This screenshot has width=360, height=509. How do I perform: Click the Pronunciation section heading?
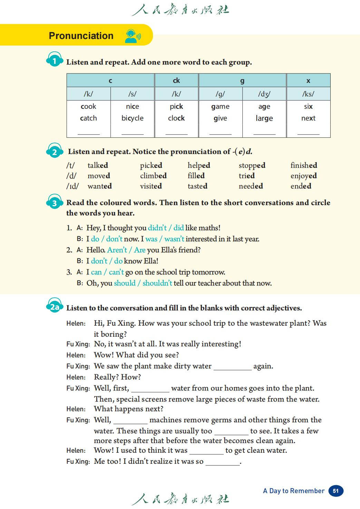[x=81, y=36]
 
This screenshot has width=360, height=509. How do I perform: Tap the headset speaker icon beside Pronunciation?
[x=132, y=36]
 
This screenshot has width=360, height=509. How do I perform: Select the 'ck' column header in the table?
[x=176, y=80]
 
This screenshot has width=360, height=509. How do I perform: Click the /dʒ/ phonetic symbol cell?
[x=264, y=94]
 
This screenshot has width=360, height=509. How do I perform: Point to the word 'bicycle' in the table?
[x=132, y=118]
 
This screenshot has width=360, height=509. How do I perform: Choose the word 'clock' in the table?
[x=176, y=118]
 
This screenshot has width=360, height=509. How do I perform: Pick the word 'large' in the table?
[x=264, y=118]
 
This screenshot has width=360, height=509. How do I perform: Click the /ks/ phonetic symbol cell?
[x=308, y=94]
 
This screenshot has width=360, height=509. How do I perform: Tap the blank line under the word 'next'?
[x=308, y=133]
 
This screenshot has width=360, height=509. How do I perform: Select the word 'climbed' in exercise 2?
[x=153, y=176]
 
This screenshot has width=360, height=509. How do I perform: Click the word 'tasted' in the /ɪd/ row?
[x=197, y=186]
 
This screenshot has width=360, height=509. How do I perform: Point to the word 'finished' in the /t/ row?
[x=304, y=165]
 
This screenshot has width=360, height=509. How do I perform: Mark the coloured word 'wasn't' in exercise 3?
[x=174, y=239]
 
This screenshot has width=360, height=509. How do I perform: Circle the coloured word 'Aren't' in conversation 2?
[x=117, y=250]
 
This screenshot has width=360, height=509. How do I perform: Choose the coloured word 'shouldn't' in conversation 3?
[x=157, y=283]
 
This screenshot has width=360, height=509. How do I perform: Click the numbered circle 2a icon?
[x=55, y=307]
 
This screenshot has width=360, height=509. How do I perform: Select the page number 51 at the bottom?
[x=336, y=491]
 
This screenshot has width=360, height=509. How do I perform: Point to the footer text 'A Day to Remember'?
[x=293, y=491]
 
